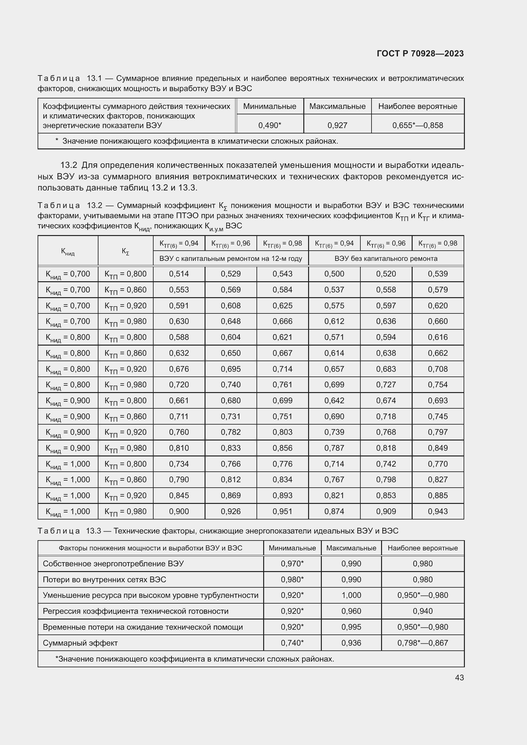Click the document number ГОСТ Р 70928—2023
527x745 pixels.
coord(420,54)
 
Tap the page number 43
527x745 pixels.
coord(459,677)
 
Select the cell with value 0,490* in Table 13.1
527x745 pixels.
coord(269,125)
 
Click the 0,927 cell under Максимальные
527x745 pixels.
coord(337,125)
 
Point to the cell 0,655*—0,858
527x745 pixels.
coord(417,125)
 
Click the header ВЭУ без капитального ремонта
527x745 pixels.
coord(386,259)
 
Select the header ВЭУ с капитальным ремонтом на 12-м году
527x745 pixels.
coord(230,259)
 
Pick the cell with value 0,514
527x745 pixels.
coord(179,274)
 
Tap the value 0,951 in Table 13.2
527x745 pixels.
coord(282,512)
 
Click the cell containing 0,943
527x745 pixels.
coord(437,512)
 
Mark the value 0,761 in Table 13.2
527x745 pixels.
coord(282,384)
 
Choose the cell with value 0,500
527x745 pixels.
coord(334,274)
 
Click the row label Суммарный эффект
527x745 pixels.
coord(80,643)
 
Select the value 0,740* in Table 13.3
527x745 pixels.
coord(292,643)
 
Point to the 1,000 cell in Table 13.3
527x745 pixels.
coord(351,595)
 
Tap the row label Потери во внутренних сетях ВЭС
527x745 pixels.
coord(104,579)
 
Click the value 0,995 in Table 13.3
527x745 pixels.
coord(351,627)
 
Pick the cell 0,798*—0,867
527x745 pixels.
coord(422,643)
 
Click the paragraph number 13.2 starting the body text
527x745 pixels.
coord(69,165)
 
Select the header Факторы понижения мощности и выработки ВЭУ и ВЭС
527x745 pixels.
coord(150,548)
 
